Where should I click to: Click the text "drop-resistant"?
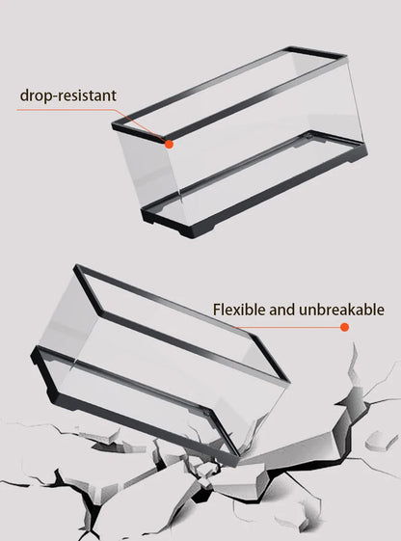67,95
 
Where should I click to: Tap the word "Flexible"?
239,310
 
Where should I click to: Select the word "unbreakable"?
341,310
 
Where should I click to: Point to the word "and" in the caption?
281,310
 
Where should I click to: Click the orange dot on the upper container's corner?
169,145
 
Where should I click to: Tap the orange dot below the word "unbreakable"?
344,327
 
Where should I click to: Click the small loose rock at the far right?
381,441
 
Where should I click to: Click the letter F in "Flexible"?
217,310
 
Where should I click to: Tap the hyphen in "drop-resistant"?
53,97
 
